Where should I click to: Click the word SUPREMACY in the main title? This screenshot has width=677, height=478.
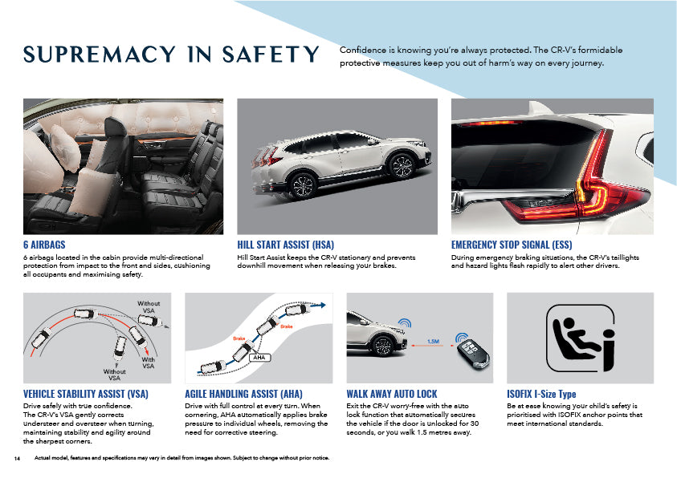click(x=100, y=55)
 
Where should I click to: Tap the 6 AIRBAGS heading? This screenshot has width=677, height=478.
click(x=44, y=245)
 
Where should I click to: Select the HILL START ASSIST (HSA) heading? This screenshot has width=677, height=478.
click(x=285, y=245)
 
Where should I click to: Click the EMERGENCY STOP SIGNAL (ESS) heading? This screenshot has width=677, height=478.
click(x=512, y=245)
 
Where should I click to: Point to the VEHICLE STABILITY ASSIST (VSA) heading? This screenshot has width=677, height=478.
click(x=86, y=394)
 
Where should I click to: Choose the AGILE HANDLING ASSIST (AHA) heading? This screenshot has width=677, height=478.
click(x=243, y=394)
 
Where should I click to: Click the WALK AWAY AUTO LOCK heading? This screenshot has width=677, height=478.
click(x=392, y=394)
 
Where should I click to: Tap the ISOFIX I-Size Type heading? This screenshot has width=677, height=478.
click(x=541, y=394)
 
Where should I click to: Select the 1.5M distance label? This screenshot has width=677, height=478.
click(x=433, y=342)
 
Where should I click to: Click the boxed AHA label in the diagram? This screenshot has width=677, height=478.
click(x=259, y=358)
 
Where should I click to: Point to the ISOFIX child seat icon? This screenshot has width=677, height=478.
click(x=581, y=338)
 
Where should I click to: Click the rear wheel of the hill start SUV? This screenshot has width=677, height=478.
click(x=303, y=186)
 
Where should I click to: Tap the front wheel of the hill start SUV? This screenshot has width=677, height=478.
click(x=402, y=166)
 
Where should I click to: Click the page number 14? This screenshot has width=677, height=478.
click(x=17, y=458)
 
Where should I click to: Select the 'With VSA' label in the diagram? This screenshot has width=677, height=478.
click(x=148, y=363)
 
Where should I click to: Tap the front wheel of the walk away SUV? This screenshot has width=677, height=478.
click(x=382, y=346)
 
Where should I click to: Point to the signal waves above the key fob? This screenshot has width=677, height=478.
click(x=462, y=336)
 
